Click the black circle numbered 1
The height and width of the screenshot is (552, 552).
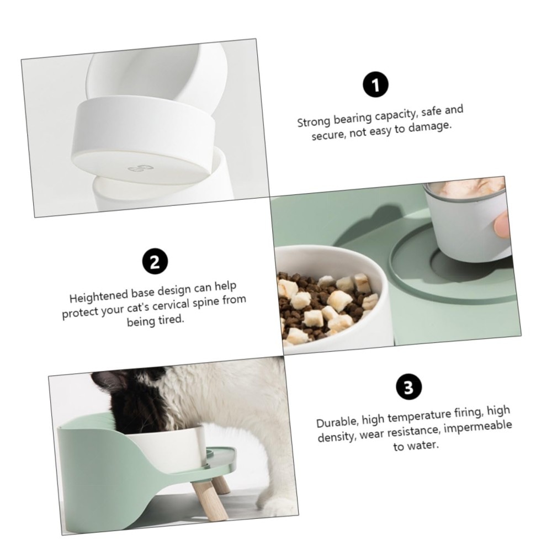click(375, 85)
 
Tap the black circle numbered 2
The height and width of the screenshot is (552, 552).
click(155, 261)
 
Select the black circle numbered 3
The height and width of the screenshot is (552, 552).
click(409, 387)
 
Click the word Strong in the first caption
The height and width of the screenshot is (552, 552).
click(314, 122)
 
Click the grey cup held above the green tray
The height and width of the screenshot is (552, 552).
click(467, 222)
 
